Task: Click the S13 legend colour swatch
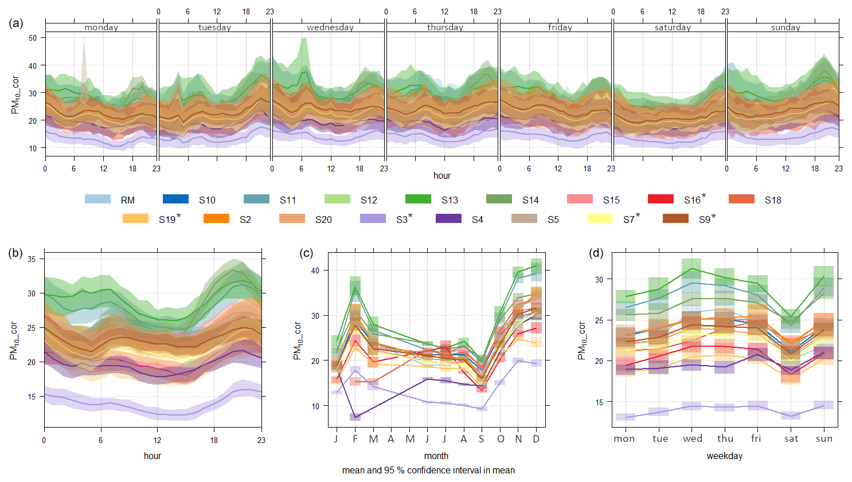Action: [417, 199]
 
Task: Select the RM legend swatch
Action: [97, 199]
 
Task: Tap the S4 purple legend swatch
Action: [448, 218]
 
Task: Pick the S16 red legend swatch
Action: [660, 199]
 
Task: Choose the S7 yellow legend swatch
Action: [600, 218]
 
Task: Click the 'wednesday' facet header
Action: [330, 28]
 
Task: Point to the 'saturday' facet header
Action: [673, 28]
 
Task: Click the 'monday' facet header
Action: [101, 28]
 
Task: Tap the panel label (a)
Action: [16, 23]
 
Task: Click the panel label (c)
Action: [306, 253]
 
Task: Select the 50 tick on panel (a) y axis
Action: [33, 38]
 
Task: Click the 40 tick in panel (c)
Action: [315, 271]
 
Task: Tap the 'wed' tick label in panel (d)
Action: [692, 438]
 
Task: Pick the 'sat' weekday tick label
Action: [791, 438]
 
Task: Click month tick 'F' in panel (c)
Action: [355, 439]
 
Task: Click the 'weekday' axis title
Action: [724, 456]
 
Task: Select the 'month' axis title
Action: [436, 456]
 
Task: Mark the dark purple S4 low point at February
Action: [355, 417]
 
